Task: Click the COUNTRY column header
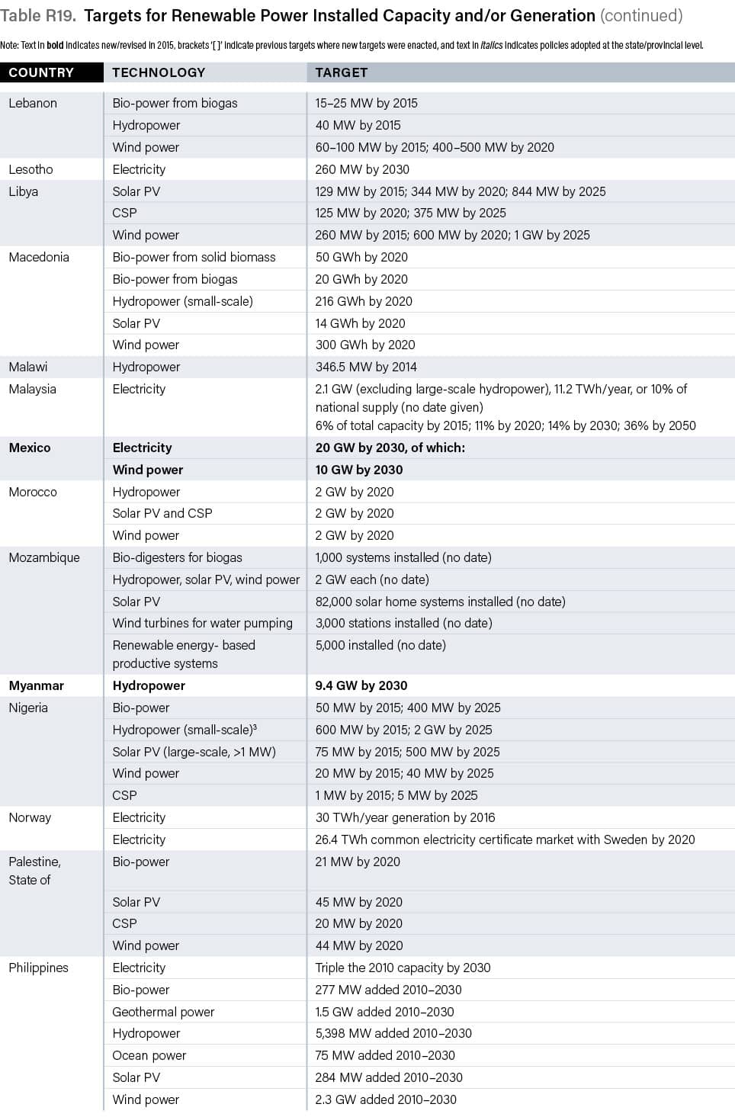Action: (x=41, y=72)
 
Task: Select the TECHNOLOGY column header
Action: (x=159, y=72)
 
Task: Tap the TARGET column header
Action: (x=342, y=72)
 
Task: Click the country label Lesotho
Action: (x=31, y=169)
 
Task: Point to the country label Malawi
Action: (x=28, y=367)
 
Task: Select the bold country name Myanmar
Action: (x=37, y=685)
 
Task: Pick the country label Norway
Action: (x=30, y=817)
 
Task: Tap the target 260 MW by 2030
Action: (x=362, y=169)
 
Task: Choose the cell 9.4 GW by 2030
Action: (x=361, y=685)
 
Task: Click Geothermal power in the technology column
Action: (x=163, y=1012)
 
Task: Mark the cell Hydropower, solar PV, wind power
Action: (x=206, y=579)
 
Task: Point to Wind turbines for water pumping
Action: (x=202, y=623)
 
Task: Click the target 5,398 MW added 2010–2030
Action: (x=393, y=1033)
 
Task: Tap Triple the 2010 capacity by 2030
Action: (x=403, y=968)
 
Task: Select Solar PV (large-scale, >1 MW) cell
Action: (x=194, y=752)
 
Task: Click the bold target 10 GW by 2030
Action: (x=359, y=470)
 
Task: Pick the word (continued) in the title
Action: (x=641, y=15)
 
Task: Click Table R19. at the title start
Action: (x=38, y=15)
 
